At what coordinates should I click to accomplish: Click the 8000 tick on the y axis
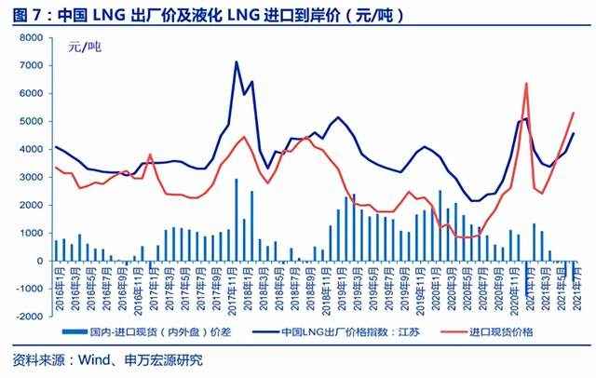[x=33, y=37]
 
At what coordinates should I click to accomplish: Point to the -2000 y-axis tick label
[x=30, y=317]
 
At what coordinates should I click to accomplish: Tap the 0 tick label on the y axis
[x=43, y=261]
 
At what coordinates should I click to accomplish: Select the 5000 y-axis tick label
[x=33, y=121]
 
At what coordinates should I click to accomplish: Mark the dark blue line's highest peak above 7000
[x=236, y=62]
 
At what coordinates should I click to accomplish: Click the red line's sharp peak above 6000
[x=526, y=84]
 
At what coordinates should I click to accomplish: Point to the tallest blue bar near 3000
[x=236, y=180]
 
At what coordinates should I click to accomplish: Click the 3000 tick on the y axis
[x=33, y=177]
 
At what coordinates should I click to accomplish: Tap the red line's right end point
[x=574, y=113]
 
